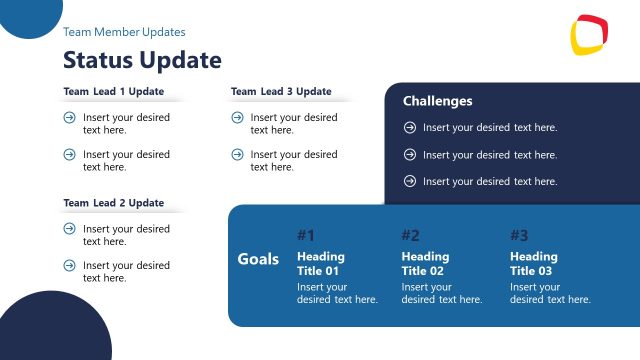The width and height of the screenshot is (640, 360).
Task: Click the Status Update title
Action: click(142, 60)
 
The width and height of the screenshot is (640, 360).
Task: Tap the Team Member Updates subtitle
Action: click(124, 32)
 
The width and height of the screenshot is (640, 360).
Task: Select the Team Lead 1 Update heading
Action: click(113, 92)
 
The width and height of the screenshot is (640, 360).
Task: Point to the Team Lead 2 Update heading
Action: click(113, 203)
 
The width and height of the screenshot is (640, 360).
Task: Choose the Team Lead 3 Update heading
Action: click(281, 92)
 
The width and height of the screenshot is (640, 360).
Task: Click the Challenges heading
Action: click(437, 101)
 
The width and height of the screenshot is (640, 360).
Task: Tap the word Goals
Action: click(258, 259)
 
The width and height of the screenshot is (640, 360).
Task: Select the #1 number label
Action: click(306, 236)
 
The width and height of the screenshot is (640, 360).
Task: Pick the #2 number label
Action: click(410, 236)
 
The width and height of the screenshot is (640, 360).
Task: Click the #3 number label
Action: click(519, 236)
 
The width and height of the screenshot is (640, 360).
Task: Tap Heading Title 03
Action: click(535, 264)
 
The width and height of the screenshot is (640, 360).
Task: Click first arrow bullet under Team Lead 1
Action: click(69, 117)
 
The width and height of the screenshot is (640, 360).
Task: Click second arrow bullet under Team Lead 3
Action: click(237, 154)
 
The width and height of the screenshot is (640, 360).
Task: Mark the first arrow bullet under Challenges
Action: click(409, 127)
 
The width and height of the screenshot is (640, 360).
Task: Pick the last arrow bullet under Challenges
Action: click(409, 181)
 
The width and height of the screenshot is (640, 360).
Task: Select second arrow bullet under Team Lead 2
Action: click(69, 265)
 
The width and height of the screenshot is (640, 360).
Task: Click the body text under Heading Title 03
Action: click(550, 293)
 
